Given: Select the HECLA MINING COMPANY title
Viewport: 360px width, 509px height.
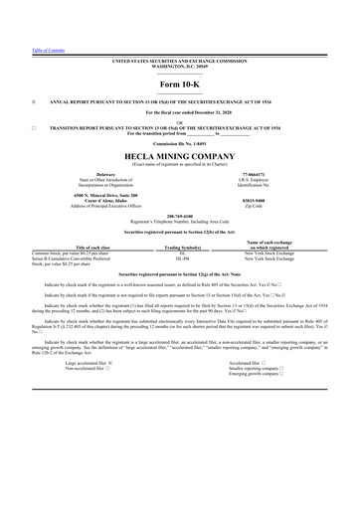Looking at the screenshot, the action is (x=180, y=156).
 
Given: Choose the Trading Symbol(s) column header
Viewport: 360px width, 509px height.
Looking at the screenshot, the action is (x=181, y=249).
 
